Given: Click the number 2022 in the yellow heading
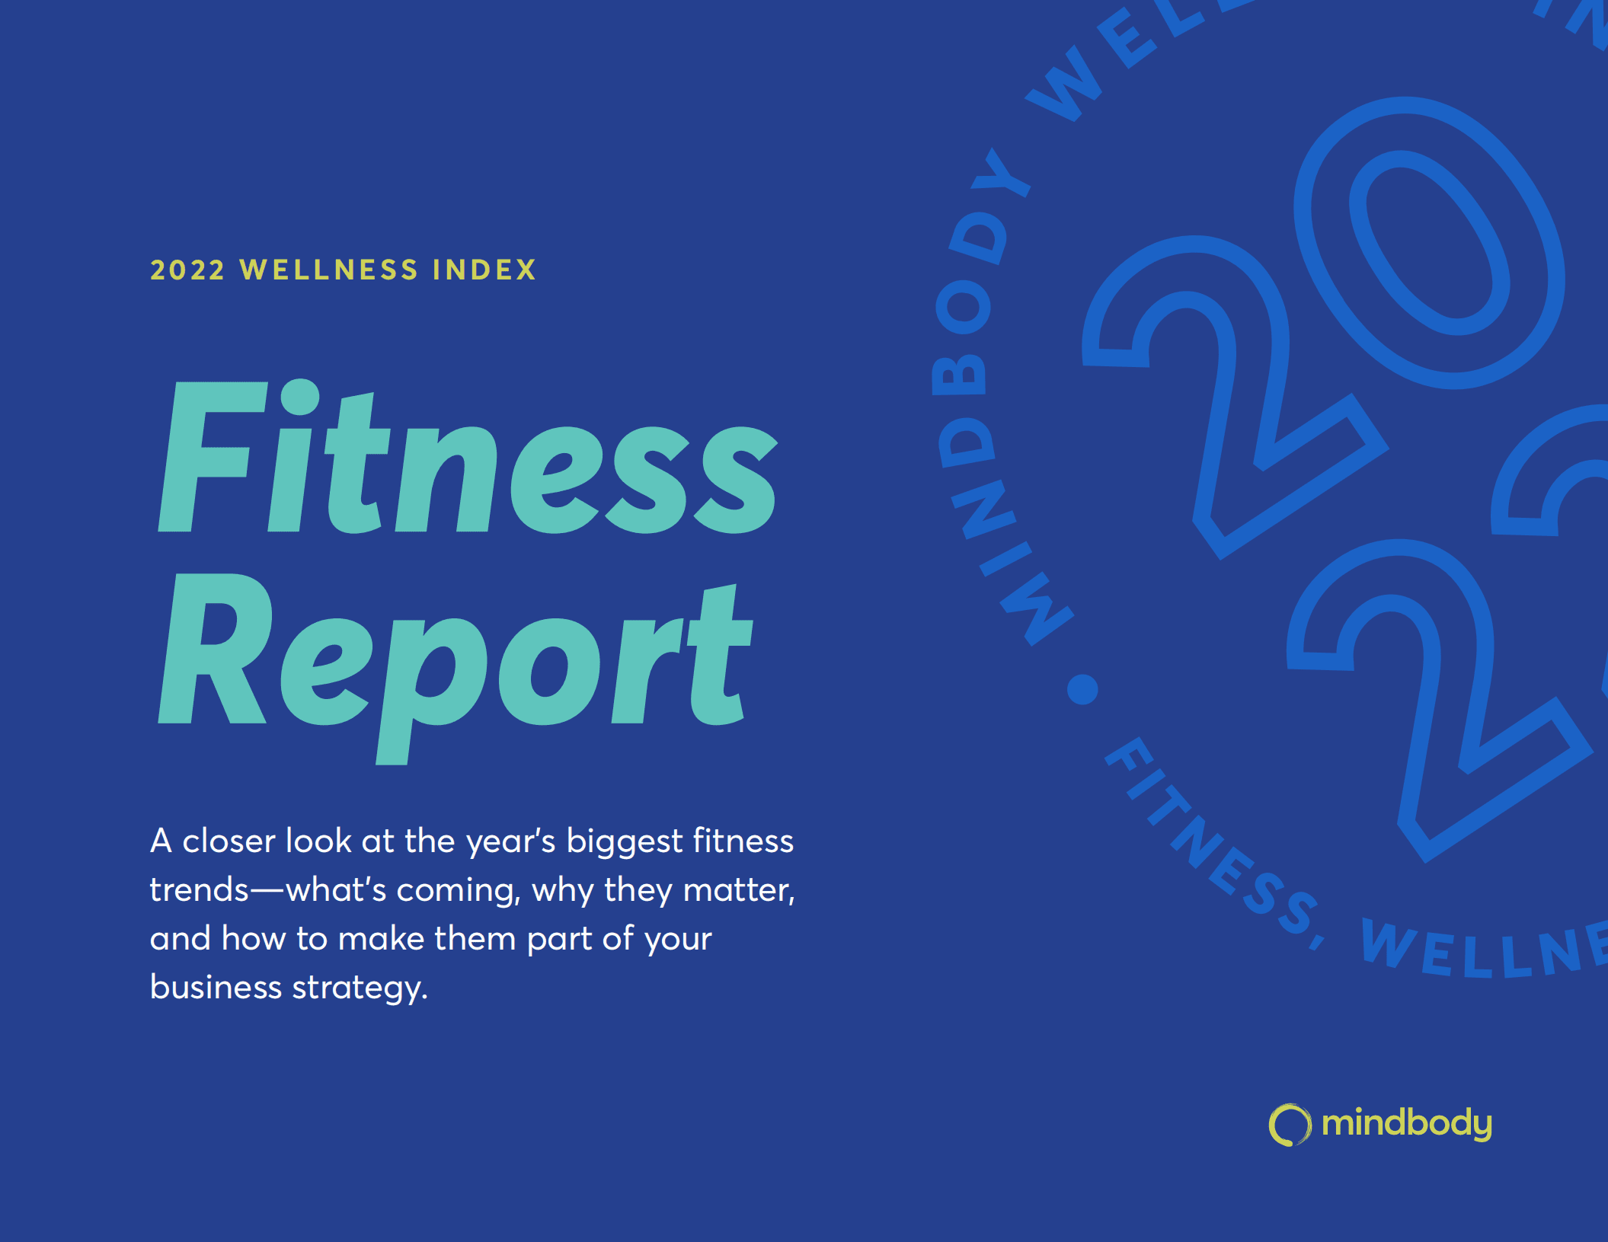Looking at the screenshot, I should pyautogui.click(x=187, y=270).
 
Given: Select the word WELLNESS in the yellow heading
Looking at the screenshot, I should pyautogui.click(x=329, y=270).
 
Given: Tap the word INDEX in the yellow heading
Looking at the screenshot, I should pyautogui.click(x=484, y=270).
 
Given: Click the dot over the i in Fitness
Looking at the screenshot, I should pyautogui.click(x=299, y=397).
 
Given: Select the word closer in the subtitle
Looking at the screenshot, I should pyautogui.click(x=229, y=841).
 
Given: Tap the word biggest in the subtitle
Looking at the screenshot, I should pyautogui.click(x=625, y=841).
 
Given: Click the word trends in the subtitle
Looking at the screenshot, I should pyautogui.click(x=200, y=890).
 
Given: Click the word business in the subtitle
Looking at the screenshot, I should pyautogui.click(x=216, y=988).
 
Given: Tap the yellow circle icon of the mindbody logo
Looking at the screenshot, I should pyautogui.click(x=1290, y=1125).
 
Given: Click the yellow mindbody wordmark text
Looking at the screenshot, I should pyautogui.click(x=1406, y=1124).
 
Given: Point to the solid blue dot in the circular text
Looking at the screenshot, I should pyautogui.click(x=1082, y=689).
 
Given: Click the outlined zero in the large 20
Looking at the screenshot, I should pyautogui.click(x=1429, y=242).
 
